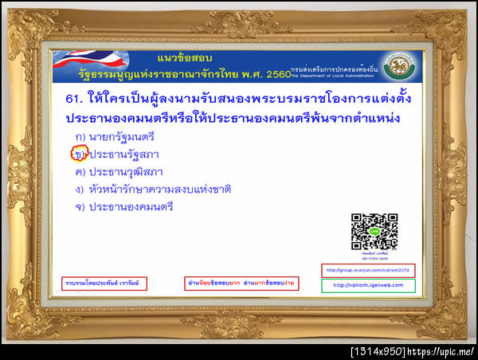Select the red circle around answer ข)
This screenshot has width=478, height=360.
click(79, 154)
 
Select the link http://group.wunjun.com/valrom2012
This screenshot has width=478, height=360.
click(368, 270)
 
